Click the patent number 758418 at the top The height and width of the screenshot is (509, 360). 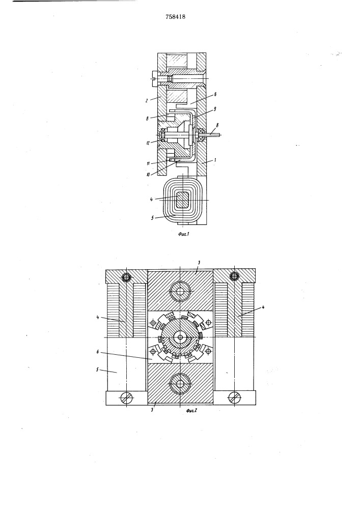click(x=175, y=17)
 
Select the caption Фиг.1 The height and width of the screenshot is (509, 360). click(x=183, y=234)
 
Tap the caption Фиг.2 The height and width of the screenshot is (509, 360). click(x=192, y=410)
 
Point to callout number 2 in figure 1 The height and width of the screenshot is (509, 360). click(x=147, y=101)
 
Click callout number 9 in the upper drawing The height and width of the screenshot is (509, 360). click(x=215, y=109)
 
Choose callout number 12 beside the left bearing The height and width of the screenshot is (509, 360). click(x=148, y=143)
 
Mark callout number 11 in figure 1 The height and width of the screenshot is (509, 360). click(x=148, y=163)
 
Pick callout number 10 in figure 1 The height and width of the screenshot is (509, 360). click(x=148, y=174)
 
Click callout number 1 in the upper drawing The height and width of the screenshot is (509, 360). click(x=215, y=160)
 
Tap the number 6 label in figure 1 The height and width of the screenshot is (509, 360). click(x=215, y=95)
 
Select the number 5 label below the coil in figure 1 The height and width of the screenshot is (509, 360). click(x=152, y=218)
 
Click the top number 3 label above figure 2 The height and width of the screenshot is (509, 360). click(x=199, y=262)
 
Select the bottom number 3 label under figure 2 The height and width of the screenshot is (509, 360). click(x=153, y=410)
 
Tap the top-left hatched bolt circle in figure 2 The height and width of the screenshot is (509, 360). click(x=126, y=277)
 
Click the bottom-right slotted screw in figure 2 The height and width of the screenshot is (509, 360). click(x=234, y=397)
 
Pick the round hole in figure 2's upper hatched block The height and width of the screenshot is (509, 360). click(x=180, y=291)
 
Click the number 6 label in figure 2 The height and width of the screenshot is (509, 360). click(x=98, y=352)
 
